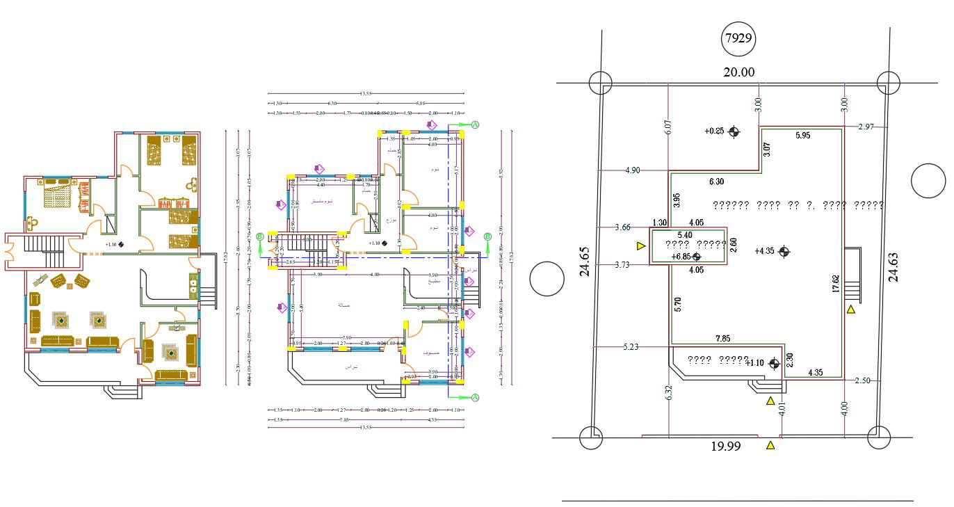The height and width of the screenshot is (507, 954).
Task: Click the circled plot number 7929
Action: [x=738, y=38]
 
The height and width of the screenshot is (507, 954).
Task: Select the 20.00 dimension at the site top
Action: [x=738, y=72]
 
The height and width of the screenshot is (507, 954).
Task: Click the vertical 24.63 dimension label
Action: [x=893, y=266]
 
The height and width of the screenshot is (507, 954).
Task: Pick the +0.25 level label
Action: [x=714, y=131]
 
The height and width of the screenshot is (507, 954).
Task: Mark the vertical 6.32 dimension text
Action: [x=669, y=393]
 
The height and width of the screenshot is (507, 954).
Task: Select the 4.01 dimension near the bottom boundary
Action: [x=783, y=410]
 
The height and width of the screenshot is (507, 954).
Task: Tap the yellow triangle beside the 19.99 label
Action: [x=770, y=445]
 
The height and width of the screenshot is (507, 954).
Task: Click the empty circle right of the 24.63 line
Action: [x=928, y=182]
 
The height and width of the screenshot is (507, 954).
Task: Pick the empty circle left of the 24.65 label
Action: [x=547, y=280]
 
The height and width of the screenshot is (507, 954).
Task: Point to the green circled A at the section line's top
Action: [x=476, y=124]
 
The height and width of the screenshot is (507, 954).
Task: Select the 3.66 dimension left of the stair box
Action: [x=623, y=227]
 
